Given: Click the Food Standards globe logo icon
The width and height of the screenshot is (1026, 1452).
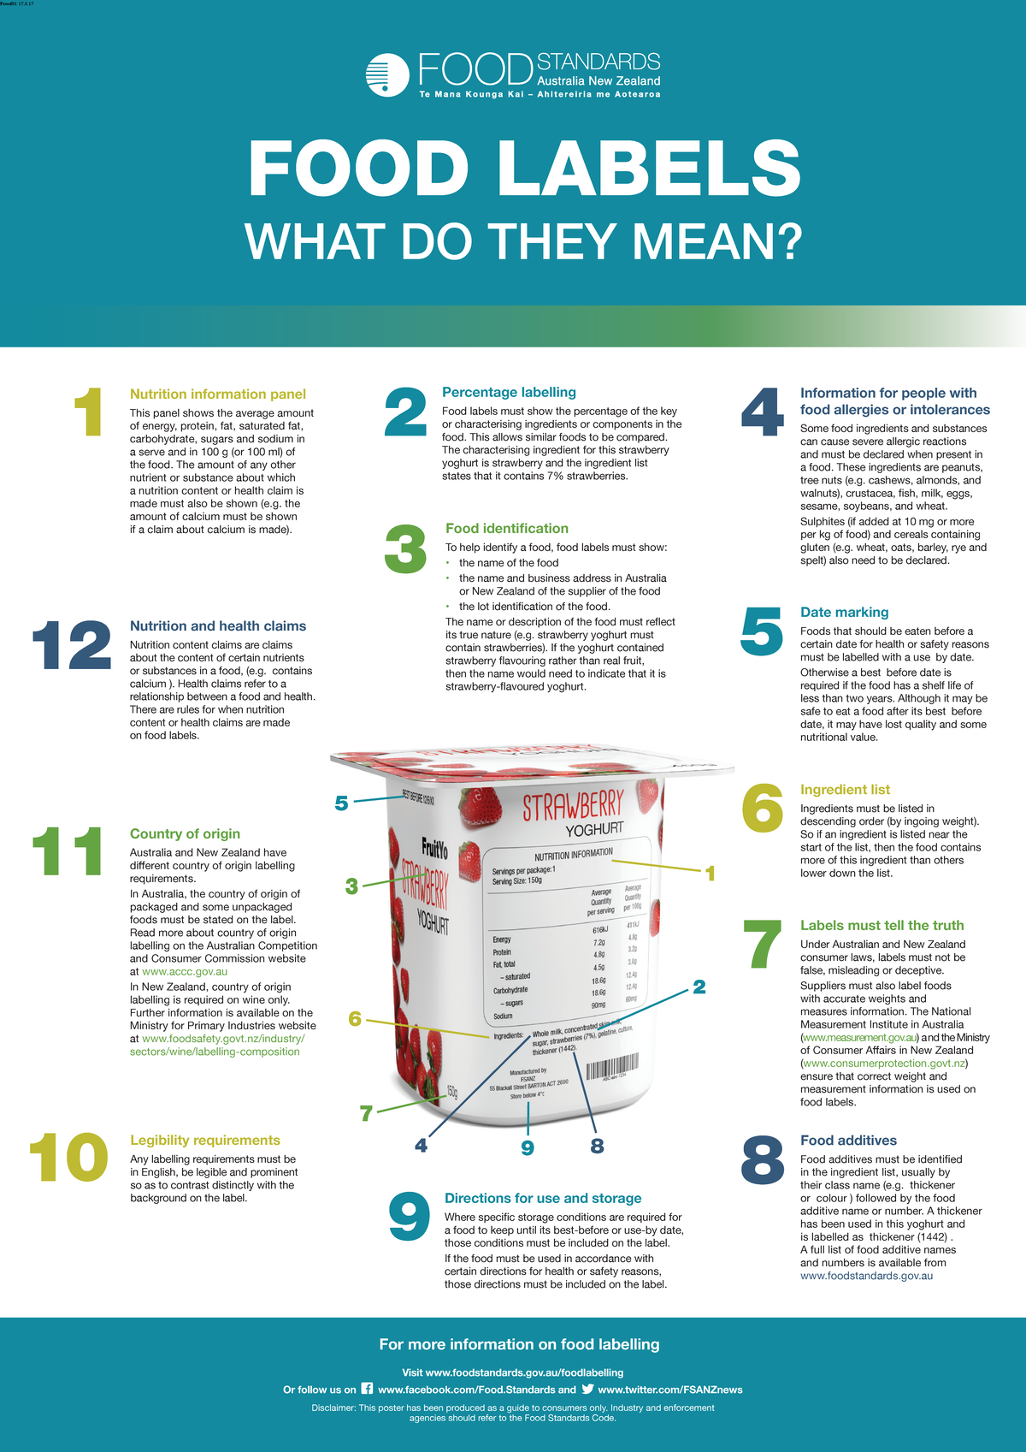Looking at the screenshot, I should (387, 74).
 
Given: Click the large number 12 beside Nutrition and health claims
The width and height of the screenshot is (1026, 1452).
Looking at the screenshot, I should (72, 646).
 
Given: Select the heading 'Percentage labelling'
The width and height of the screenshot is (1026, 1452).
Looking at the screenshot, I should (509, 392).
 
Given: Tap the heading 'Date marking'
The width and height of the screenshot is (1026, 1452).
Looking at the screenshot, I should (844, 612).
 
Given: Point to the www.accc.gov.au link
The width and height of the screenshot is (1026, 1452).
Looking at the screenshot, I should (185, 971).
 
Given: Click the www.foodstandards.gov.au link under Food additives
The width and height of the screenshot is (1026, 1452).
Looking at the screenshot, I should (866, 1276).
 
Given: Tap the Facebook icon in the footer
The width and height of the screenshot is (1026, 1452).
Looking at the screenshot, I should (367, 1389).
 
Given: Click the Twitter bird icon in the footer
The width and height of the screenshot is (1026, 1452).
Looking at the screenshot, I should (587, 1389).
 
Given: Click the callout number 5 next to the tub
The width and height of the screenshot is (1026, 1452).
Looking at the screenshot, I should (341, 803).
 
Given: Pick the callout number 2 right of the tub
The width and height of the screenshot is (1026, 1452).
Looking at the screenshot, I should (699, 987).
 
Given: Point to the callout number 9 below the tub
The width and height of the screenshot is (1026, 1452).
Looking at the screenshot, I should (528, 1147).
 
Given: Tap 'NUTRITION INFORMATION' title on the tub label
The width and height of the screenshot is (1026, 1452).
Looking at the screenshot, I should (574, 853).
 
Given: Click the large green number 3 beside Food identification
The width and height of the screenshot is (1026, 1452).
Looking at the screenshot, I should (405, 549).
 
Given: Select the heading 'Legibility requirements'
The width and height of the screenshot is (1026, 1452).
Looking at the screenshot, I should (205, 1140).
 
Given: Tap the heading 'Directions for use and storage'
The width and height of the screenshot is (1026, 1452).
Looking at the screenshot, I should (543, 1198).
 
